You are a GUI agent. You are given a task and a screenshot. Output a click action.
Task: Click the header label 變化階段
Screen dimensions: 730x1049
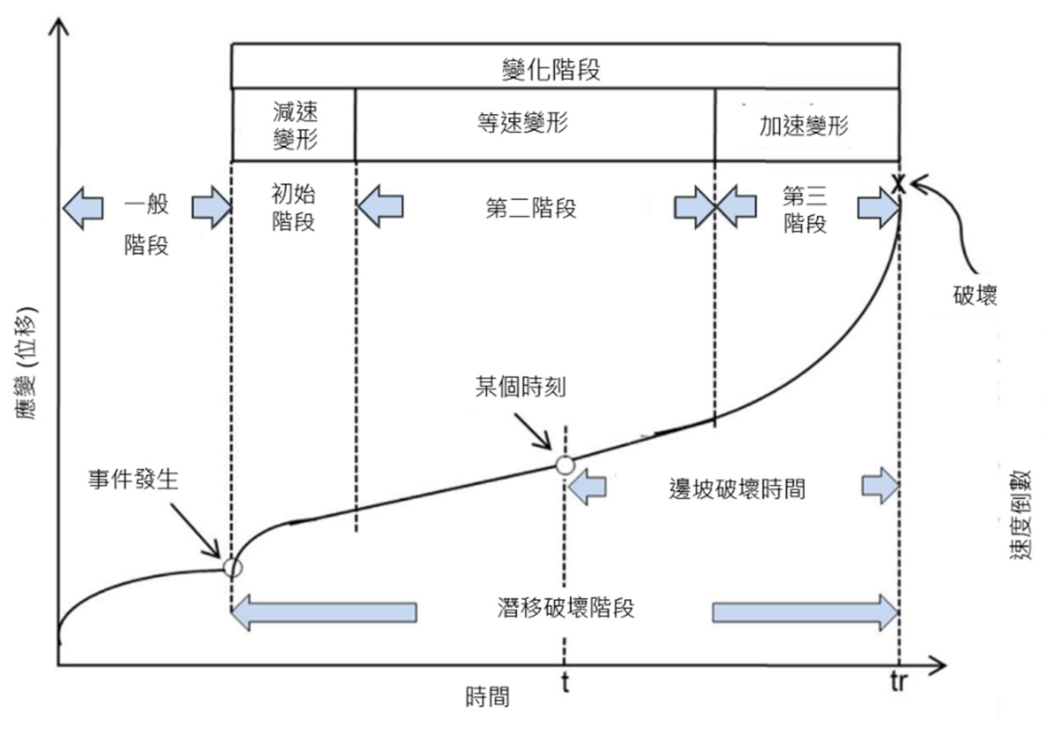pos(551,69)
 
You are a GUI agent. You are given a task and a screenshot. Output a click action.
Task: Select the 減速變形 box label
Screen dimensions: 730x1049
pos(295,125)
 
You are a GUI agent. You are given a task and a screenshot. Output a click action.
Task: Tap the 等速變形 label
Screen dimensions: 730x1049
pos(523,122)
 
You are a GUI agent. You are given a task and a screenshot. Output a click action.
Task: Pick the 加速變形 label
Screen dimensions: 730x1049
pos(803,125)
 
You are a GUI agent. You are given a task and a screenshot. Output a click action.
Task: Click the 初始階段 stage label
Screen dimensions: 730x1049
pos(293,207)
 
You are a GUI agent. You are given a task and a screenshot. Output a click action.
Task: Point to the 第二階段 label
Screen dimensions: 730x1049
pos(531,208)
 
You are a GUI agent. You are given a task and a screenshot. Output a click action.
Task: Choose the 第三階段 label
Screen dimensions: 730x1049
pos(804,209)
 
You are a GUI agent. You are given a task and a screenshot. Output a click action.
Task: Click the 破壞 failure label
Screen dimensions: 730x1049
pos(974,295)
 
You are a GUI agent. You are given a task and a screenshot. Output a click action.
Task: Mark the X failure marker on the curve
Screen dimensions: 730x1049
pos(898,184)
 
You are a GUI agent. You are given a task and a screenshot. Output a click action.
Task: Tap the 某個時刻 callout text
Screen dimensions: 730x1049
pos(520,387)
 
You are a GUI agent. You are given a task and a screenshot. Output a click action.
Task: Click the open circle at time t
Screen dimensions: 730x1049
pos(564,465)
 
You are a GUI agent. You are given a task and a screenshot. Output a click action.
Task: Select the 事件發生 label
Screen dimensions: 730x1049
pos(133,479)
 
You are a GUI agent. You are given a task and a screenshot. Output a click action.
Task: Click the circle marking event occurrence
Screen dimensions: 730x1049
pos(232,567)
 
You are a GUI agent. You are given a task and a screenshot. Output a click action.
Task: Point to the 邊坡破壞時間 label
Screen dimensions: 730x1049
pos(736,489)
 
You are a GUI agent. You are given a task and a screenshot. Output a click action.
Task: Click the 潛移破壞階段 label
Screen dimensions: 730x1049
pos(565,608)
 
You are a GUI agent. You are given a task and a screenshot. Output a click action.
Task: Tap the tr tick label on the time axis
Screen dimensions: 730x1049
pos(898,682)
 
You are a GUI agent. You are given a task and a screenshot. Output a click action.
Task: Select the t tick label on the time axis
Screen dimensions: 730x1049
pos(565,682)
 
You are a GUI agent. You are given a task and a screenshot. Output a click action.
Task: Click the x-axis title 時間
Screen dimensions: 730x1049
pos(487,697)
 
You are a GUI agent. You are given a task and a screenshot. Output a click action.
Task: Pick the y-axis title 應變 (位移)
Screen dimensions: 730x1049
pos(25,363)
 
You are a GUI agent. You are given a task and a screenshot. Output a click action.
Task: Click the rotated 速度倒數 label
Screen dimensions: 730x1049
pos(1020,515)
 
